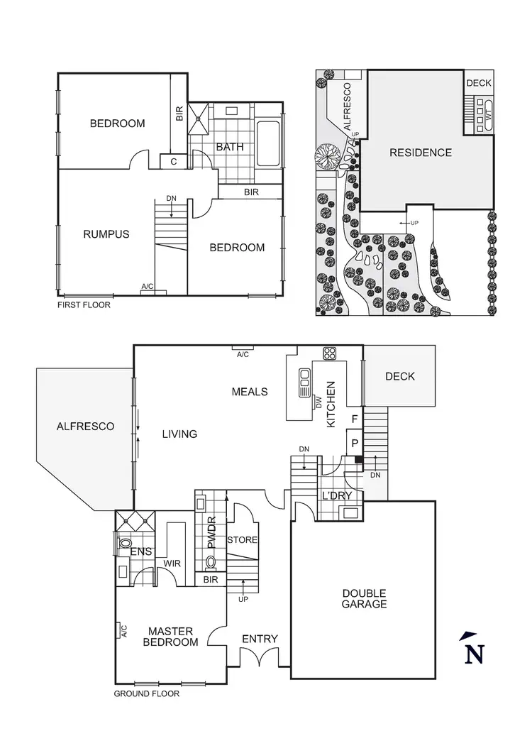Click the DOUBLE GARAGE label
click(364, 598)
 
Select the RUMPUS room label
click(106, 233)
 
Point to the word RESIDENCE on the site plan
click(420, 153)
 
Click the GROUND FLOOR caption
click(147, 693)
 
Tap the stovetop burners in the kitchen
click(330, 353)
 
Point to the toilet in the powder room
click(211, 564)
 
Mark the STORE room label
click(242, 540)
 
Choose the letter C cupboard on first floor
click(174, 162)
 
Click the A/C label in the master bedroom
click(123, 629)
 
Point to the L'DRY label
click(337, 495)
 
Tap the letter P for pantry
click(354, 442)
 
